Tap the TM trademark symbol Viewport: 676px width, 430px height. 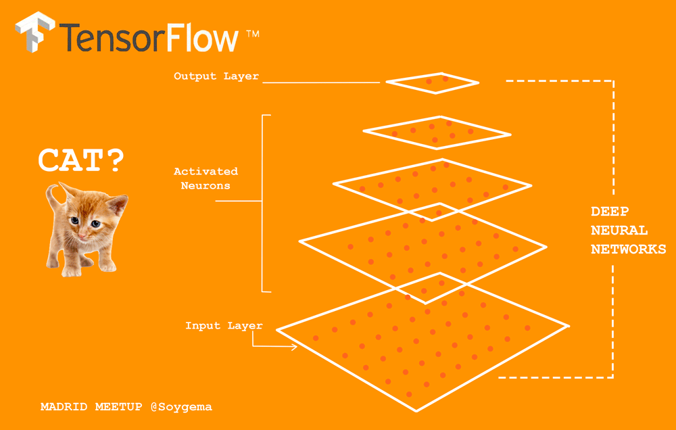[x=252, y=32]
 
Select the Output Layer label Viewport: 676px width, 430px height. [x=216, y=76]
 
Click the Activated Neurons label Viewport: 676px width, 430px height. [x=206, y=178]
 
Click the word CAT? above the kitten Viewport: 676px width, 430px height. [x=81, y=161]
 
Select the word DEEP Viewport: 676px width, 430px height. [x=610, y=212]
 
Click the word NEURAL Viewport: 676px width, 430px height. [x=619, y=231]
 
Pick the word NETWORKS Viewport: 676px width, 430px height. [x=628, y=249]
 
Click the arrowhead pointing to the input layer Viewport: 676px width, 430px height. [x=293, y=348]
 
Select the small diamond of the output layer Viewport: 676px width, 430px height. [x=433, y=82]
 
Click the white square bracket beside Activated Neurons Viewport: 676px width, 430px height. [x=264, y=203]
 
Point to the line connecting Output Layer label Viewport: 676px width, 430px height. [x=321, y=82]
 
